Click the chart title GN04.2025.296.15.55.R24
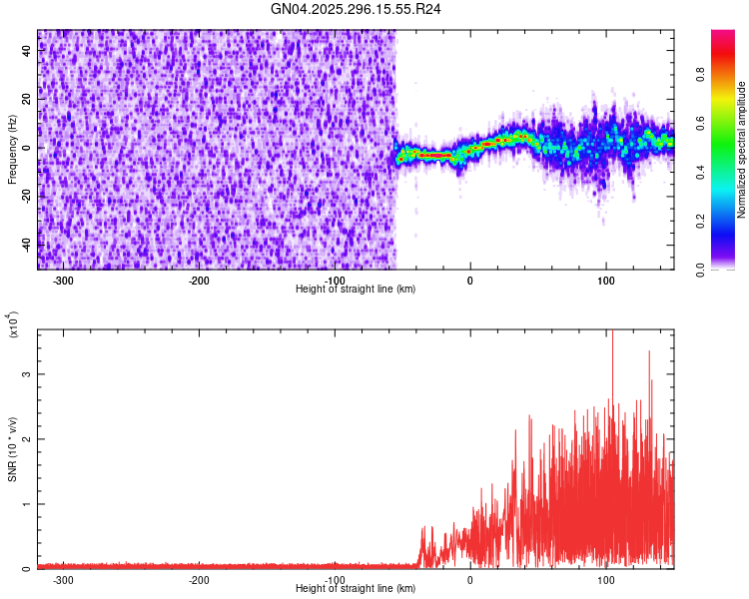tap(357, 9)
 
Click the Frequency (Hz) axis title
tap(12, 150)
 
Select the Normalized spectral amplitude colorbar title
tap(742, 150)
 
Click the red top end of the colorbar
tap(723, 34)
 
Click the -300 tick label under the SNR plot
tap(63, 580)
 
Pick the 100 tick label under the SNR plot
tap(606, 580)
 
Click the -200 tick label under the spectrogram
tap(199, 281)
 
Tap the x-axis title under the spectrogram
tap(357, 289)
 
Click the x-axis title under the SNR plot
tap(357, 588)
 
